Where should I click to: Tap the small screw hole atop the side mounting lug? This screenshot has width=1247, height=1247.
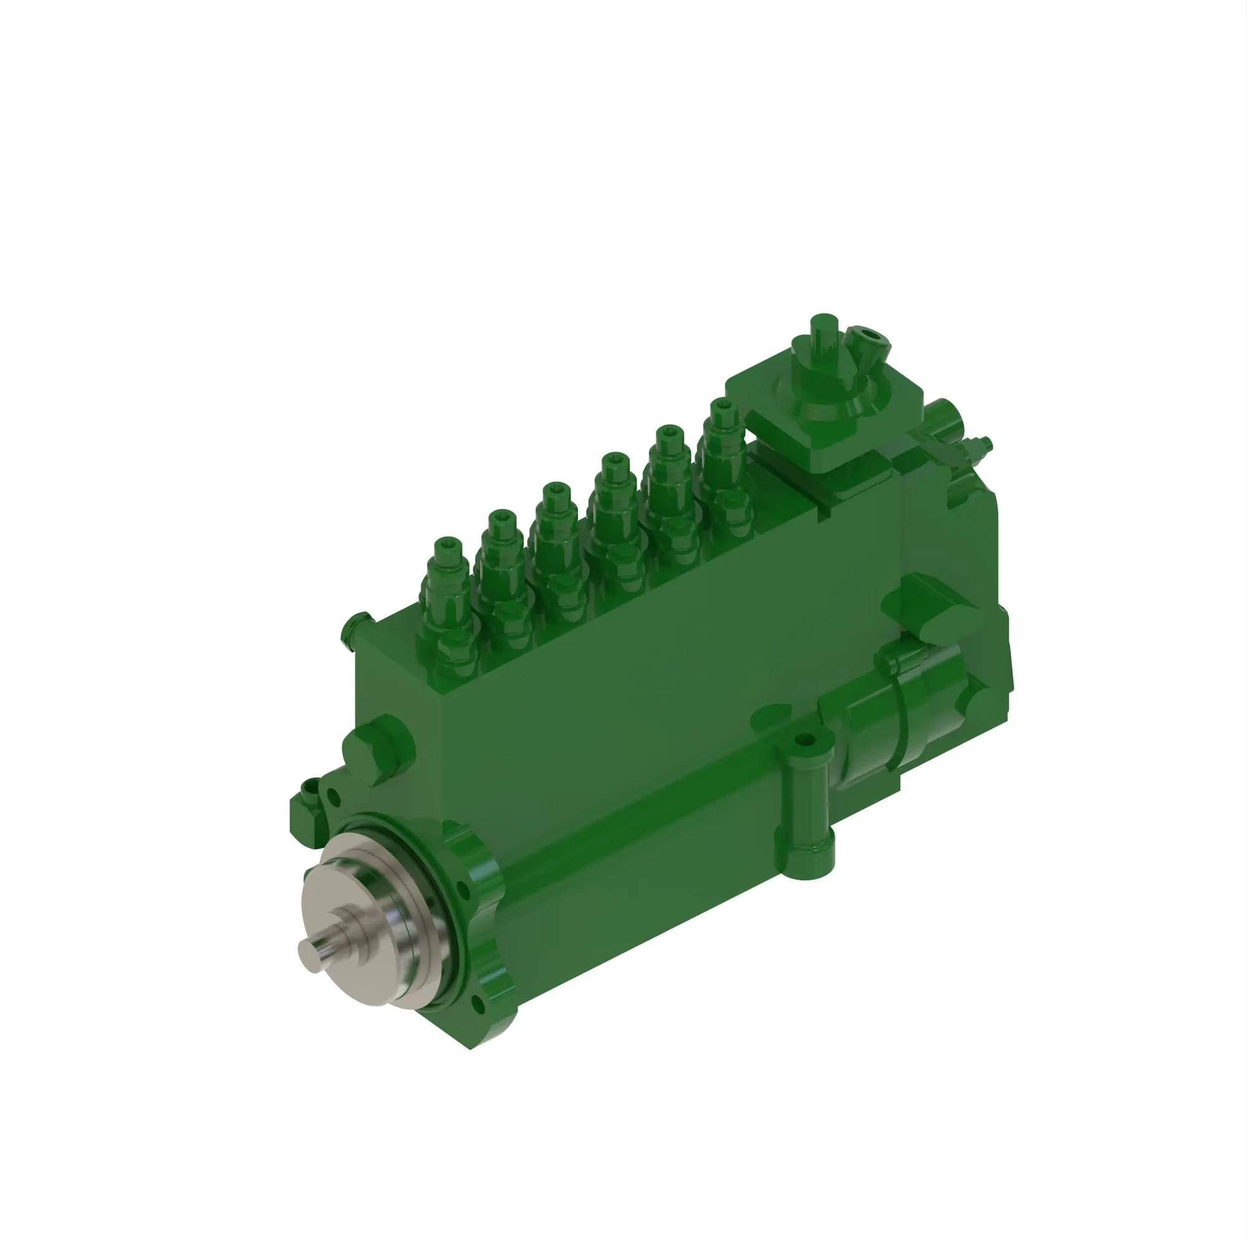pos(803,739)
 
